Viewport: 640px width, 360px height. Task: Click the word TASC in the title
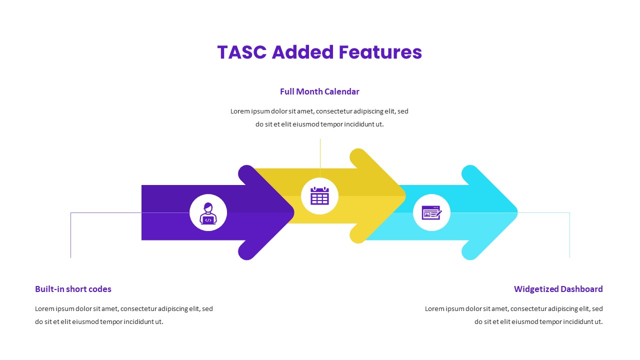241,52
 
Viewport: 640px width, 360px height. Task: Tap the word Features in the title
380,52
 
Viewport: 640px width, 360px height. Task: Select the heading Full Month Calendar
319,91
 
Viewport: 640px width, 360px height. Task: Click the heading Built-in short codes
73,289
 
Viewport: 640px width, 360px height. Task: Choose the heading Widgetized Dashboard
558,289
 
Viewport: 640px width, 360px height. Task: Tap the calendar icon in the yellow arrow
319,196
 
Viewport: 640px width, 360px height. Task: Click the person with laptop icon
208,212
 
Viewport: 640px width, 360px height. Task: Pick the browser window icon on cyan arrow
431,212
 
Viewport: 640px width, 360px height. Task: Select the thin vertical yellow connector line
320,157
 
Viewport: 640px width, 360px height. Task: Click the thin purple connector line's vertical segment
70,235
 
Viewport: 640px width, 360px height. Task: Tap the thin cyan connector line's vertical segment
569,235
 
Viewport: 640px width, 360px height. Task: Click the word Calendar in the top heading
342,91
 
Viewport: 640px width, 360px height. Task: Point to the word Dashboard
581,289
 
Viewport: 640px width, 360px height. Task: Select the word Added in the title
302,52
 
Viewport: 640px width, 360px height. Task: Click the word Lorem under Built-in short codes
44,309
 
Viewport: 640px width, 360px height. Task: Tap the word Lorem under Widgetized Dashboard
434,309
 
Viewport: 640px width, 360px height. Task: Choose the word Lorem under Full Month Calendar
239,111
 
